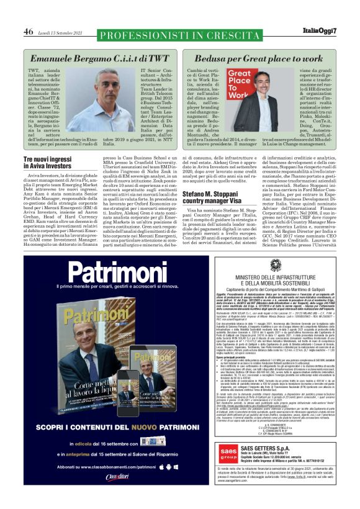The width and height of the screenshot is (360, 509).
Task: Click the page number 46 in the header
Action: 29,32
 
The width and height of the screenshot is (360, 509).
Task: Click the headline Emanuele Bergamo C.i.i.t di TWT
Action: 99,58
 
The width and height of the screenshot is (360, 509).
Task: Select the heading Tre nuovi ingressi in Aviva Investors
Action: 54,163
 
